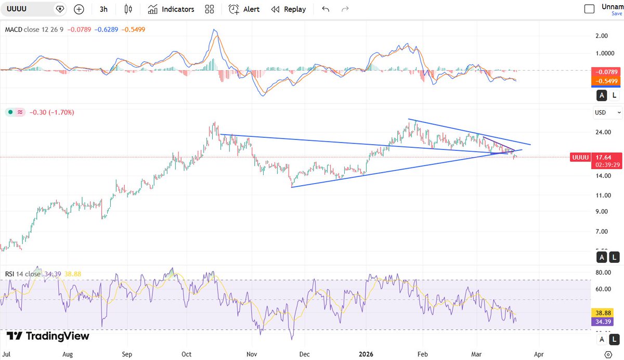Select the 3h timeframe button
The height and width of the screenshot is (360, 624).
[x=103, y=9]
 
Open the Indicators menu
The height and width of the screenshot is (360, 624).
[x=171, y=9]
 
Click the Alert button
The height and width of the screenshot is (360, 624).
[x=244, y=9]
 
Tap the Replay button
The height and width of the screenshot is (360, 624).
[x=289, y=9]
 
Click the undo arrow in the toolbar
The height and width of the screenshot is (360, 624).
[x=326, y=9]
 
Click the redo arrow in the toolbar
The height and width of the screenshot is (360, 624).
[x=345, y=9]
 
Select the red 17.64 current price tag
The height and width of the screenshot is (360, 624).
[x=603, y=157]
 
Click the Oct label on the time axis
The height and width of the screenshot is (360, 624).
[x=187, y=354]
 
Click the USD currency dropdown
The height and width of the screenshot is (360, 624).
[x=608, y=112]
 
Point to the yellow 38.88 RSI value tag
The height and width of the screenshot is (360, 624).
[x=602, y=313]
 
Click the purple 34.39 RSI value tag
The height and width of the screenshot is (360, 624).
[x=602, y=322]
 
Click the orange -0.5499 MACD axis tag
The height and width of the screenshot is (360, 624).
[x=602, y=82]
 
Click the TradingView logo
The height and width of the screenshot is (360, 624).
[x=48, y=336]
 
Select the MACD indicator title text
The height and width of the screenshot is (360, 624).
[x=12, y=30]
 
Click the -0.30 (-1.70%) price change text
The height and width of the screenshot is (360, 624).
[x=51, y=112]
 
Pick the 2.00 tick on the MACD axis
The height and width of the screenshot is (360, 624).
[x=602, y=36]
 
